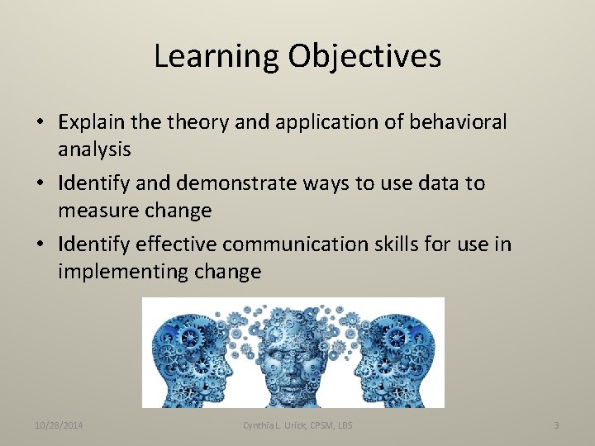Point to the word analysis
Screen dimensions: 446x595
(94, 149)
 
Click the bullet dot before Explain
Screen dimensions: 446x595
(40, 123)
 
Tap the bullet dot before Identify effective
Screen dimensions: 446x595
(40, 245)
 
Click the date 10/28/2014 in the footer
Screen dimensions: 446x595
(64, 425)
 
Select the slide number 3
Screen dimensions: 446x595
(556, 425)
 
